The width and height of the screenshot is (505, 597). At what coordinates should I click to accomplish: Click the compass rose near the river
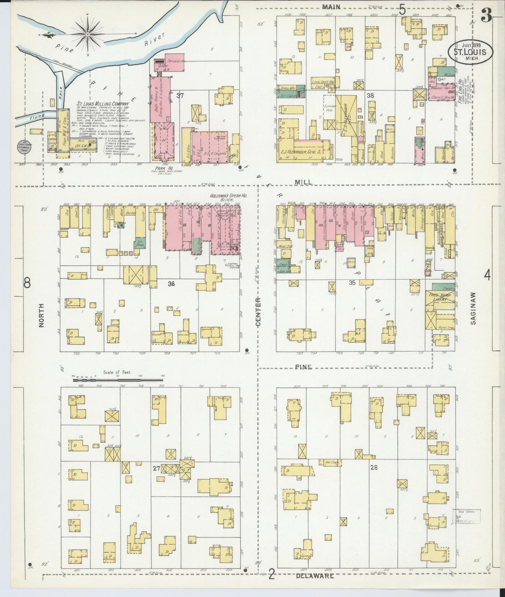(x=87, y=34)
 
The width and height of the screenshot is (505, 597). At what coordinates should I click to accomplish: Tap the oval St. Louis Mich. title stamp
(x=471, y=52)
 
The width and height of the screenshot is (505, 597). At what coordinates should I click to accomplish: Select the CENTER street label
(x=258, y=312)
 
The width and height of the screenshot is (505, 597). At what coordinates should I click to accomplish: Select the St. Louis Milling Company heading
(x=103, y=104)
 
